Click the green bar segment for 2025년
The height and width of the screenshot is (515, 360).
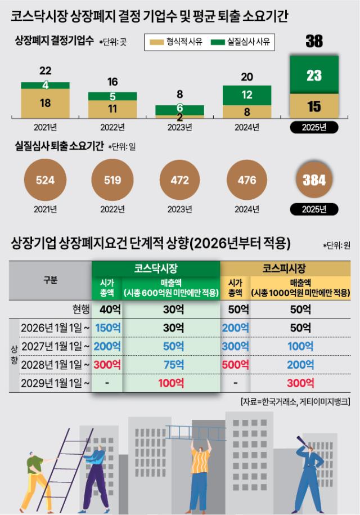pos(314,75)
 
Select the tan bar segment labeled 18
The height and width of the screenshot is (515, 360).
pos(45,102)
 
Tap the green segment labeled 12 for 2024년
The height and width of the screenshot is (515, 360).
pos(247,95)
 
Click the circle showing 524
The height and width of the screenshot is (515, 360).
pos(45,181)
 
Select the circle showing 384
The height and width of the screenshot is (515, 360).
pos(314,181)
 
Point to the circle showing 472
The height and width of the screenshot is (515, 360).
pos(179,181)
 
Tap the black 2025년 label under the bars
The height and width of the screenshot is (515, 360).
pos(314,127)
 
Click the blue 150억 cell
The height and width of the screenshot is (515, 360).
pos(106,327)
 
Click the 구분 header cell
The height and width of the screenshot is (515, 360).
pos(51,280)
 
